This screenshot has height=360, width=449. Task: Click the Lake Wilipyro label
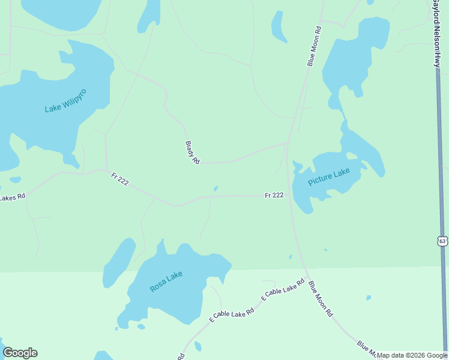(x=65, y=101)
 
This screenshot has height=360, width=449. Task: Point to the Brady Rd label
(x=192, y=152)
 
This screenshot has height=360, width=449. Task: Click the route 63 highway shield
(x=442, y=241)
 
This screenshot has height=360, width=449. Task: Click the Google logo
(x=20, y=353)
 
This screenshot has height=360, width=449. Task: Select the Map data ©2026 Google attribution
(x=412, y=355)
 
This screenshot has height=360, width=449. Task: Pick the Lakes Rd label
(x=12, y=197)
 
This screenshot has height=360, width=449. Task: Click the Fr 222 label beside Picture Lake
(x=274, y=196)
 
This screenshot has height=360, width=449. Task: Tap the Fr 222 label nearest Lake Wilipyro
(x=119, y=179)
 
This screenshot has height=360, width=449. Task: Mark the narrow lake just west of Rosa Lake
(x=118, y=262)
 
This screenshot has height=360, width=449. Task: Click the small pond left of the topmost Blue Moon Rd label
(x=278, y=26)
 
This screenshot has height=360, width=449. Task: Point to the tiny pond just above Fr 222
(x=215, y=188)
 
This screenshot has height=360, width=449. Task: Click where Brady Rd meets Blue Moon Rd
(x=288, y=143)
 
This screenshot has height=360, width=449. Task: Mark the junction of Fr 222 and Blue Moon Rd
(x=290, y=196)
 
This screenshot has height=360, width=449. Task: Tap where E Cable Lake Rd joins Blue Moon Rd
(x=307, y=277)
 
